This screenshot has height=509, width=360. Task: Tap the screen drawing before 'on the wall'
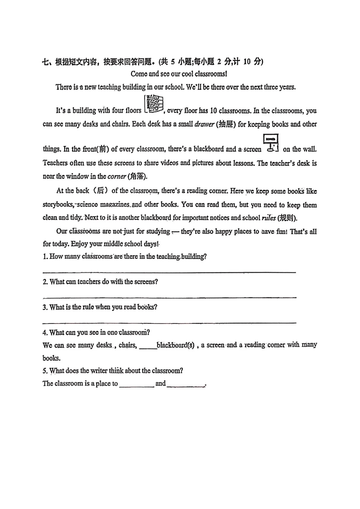click(272, 143)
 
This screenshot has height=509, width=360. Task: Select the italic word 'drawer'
click(204, 124)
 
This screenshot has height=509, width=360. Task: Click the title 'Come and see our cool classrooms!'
click(179, 74)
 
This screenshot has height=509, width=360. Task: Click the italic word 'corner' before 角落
click(117, 176)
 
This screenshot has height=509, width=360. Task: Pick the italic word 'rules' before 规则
click(269, 218)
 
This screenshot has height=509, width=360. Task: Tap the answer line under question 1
click(169, 272)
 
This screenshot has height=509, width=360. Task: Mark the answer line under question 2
click(169, 297)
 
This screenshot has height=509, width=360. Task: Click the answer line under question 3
click(169, 323)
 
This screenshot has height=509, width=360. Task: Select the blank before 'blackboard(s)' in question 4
click(148, 348)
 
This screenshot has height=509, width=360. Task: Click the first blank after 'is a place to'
click(136, 386)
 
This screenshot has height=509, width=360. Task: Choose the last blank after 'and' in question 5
click(185, 386)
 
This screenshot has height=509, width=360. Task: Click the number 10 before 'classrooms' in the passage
click(213, 111)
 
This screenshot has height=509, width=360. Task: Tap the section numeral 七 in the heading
click(46, 62)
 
